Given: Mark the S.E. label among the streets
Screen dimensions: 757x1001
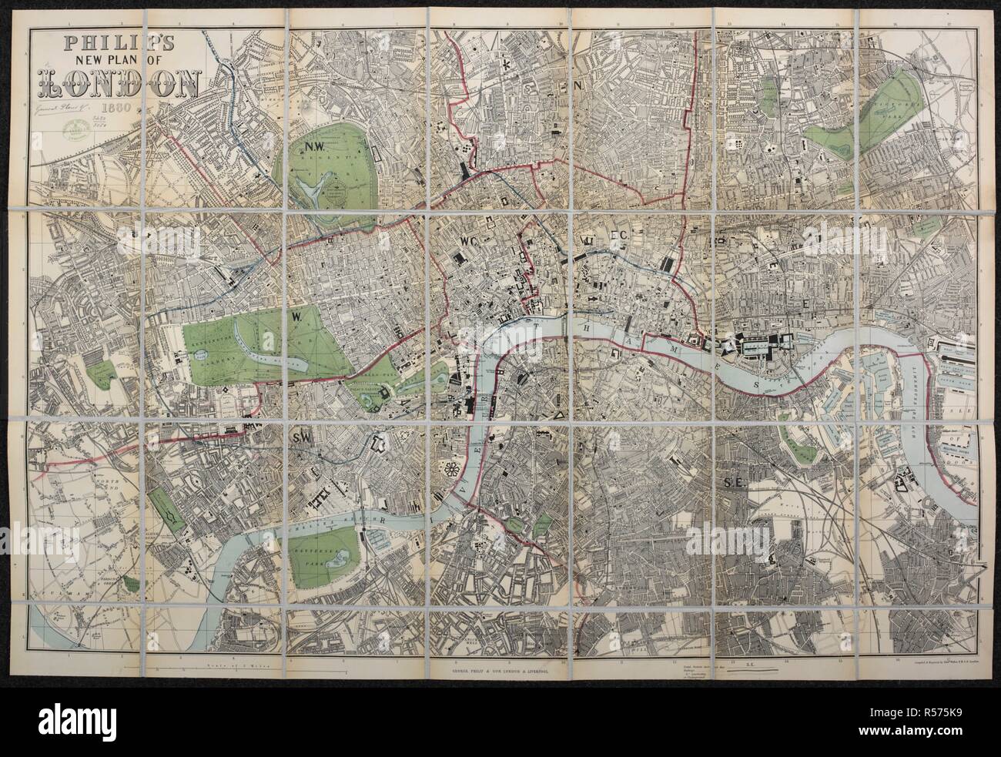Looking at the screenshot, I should click(731, 482).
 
